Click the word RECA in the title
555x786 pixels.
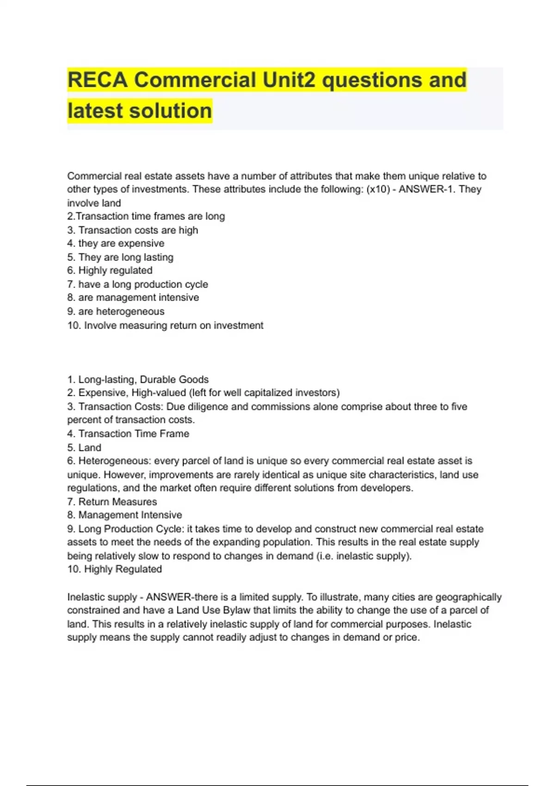[x=97, y=80]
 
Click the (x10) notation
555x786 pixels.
[x=378, y=189]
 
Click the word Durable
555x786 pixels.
[x=158, y=380]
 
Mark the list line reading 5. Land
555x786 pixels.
[x=84, y=448]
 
